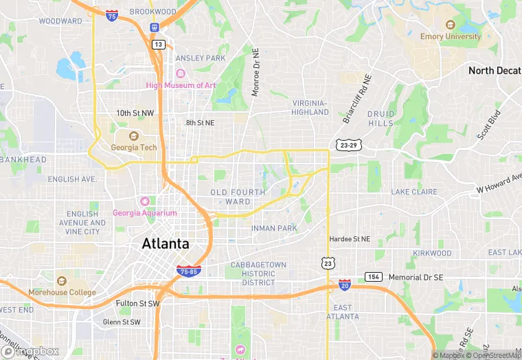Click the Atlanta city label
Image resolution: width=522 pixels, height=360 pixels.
165,243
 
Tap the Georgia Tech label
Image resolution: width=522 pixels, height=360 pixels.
134,147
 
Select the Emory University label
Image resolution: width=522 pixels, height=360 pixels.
451,36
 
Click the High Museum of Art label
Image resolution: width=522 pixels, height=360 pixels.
181,85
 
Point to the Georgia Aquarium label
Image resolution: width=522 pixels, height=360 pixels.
145,212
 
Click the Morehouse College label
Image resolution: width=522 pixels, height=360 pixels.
62,292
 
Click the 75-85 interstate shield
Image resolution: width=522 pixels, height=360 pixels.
188,271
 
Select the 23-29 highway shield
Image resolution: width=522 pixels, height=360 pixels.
348,145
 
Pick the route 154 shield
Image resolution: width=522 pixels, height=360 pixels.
374,277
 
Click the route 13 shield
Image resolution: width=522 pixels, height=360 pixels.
159,44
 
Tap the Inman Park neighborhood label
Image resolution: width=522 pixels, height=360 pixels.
273,227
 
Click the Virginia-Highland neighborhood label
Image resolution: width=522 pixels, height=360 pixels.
310,107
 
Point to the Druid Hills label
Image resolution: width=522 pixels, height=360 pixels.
381,118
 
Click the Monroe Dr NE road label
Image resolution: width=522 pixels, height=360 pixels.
256,72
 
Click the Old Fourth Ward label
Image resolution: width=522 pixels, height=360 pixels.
238,196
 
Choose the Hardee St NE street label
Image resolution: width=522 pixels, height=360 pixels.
350,239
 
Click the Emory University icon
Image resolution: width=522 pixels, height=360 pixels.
451,25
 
